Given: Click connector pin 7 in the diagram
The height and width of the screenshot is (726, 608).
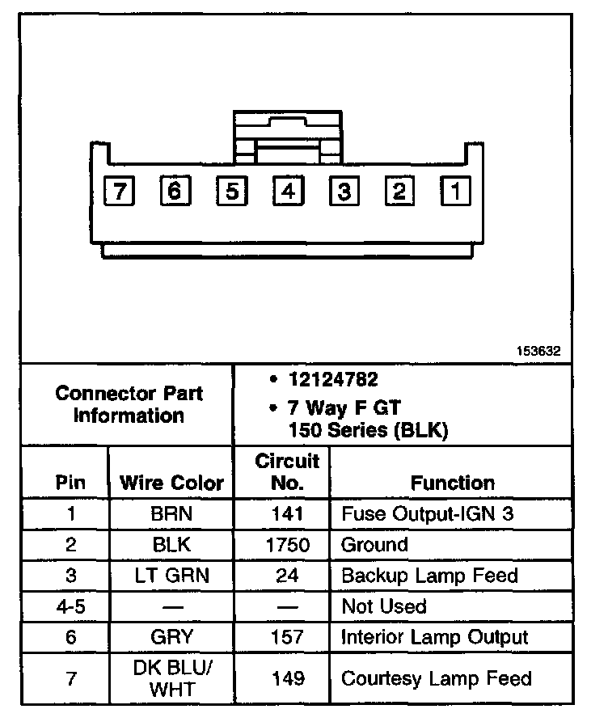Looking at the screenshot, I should (x=120, y=192).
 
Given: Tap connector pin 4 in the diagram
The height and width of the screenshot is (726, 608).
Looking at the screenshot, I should (x=288, y=192).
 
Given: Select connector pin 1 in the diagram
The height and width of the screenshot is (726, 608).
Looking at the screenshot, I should (x=455, y=192).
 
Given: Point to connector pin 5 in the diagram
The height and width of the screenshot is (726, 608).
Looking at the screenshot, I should (x=231, y=192).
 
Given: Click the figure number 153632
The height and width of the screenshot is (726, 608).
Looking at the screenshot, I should (x=539, y=352).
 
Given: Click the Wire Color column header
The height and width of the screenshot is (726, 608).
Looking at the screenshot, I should (x=171, y=483).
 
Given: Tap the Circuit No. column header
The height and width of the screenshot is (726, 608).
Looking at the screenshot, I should (x=287, y=472).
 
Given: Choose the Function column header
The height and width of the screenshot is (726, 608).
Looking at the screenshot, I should (x=452, y=483).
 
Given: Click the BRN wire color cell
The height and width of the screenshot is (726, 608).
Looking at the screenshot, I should (x=171, y=513).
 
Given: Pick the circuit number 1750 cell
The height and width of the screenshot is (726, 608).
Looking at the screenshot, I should (x=287, y=544).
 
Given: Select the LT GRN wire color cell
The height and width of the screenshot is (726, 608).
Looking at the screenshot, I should (x=171, y=576).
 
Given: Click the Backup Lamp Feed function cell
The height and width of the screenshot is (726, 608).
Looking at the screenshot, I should (x=429, y=576).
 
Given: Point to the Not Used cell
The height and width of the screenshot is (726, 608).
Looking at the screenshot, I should (x=383, y=606).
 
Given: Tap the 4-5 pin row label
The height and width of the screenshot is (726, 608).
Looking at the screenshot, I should (x=70, y=606).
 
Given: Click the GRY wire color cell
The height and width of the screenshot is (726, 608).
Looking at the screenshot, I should (x=171, y=637).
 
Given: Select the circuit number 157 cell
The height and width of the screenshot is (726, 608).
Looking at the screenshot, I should (x=287, y=637).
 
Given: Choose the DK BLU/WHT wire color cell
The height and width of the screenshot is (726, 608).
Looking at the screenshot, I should (x=171, y=677).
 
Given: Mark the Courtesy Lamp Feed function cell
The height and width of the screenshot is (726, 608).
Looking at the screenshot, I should (x=437, y=677).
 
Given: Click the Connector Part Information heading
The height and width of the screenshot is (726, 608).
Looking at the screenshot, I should (x=129, y=404).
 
